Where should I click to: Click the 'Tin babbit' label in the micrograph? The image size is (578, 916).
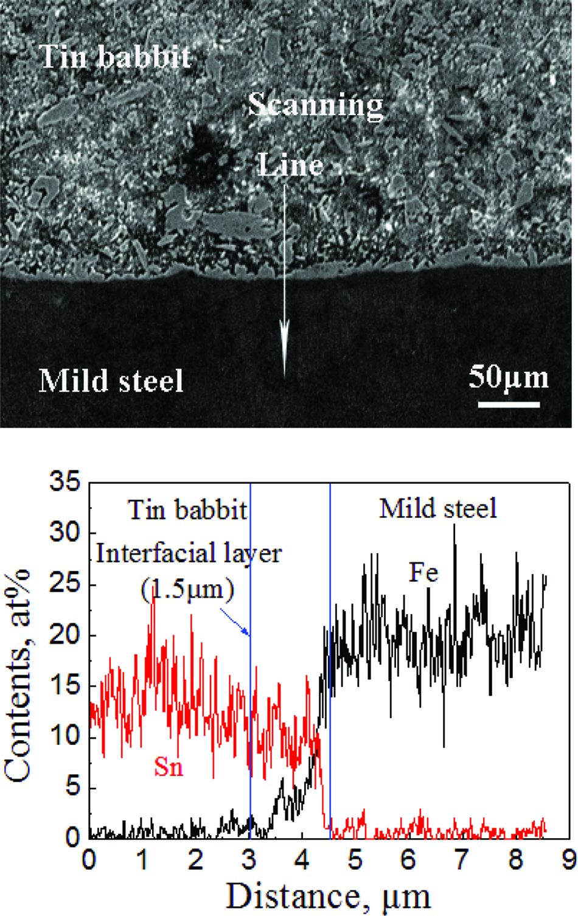(x=116, y=57)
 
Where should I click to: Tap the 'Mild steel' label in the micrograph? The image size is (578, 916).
(x=111, y=381)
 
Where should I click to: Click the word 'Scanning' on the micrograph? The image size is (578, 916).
(x=315, y=105)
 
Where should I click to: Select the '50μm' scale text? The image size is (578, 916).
(x=508, y=377)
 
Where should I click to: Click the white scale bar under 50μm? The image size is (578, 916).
(x=509, y=404)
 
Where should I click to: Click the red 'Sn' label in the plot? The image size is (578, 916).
(x=169, y=766)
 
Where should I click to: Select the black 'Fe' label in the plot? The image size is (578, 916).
(x=423, y=573)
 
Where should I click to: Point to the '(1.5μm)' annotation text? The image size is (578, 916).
(x=187, y=589)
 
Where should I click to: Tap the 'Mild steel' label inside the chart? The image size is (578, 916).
(x=438, y=509)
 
